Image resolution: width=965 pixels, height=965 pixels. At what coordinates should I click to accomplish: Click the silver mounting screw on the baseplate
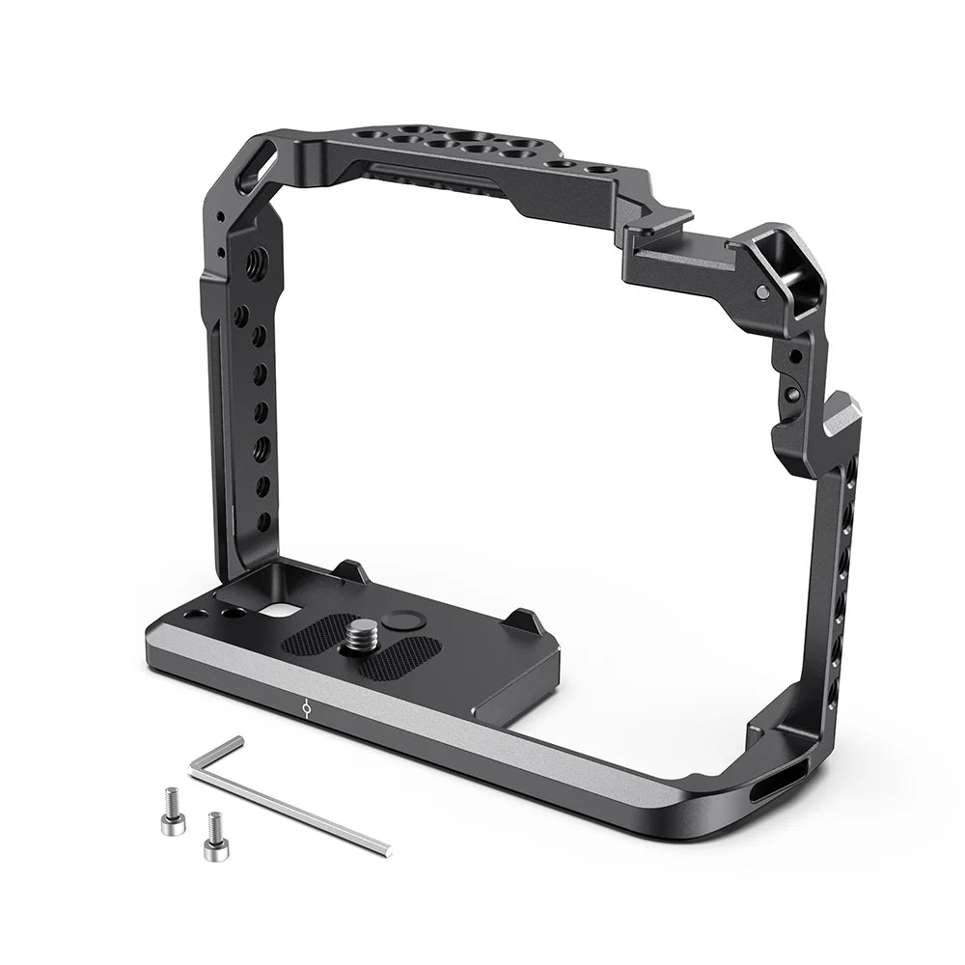point(362,637)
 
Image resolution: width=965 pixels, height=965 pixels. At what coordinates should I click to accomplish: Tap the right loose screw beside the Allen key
point(214,836)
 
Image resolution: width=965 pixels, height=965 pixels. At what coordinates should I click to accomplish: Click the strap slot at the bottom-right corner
point(772,784)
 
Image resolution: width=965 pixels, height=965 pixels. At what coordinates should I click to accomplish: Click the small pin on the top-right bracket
point(762,291)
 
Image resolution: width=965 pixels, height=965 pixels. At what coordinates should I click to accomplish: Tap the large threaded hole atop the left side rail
point(257,260)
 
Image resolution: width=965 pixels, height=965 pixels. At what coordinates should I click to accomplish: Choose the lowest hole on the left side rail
point(262,522)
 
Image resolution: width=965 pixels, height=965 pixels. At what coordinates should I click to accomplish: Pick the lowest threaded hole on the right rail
point(832,691)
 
